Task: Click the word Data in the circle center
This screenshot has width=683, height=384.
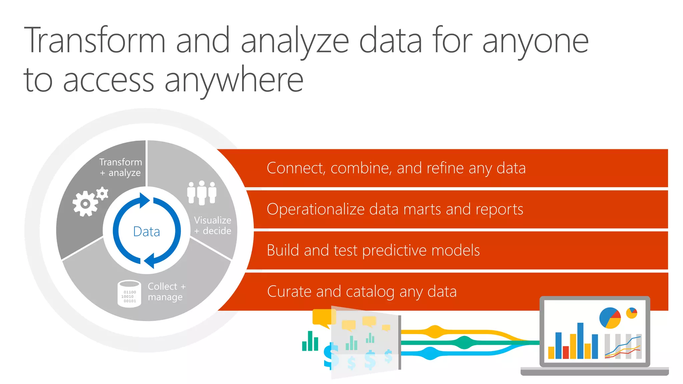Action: click(146, 232)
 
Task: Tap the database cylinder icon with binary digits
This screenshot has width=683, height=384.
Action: click(129, 293)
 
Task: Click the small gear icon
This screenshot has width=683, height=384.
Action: click(102, 193)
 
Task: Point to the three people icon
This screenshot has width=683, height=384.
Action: click(202, 193)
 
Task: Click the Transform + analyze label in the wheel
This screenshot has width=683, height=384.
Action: click(121, 167)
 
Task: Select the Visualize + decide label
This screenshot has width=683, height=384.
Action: click(212, 226)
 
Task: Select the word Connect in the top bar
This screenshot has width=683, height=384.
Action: click(295, 168)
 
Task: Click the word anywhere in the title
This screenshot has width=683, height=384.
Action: click(234, 80)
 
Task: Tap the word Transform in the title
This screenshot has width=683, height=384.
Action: click(95, 41)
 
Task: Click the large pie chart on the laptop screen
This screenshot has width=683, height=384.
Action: click(610, 318)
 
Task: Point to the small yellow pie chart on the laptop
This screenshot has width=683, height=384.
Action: click(631, 313)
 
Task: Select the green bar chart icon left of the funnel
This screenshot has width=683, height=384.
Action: click(310, 341)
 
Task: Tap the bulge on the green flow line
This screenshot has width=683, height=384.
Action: click(464, 343)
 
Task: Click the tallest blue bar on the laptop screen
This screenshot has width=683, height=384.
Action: click(580, 341)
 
